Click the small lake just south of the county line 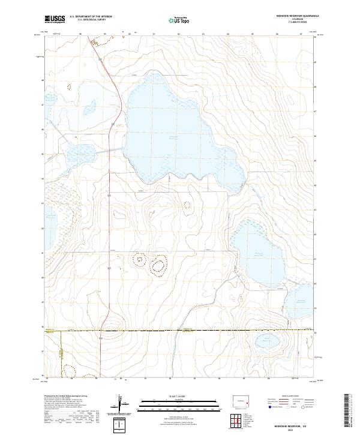click(265, 343)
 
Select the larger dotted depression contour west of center click(159, 265)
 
